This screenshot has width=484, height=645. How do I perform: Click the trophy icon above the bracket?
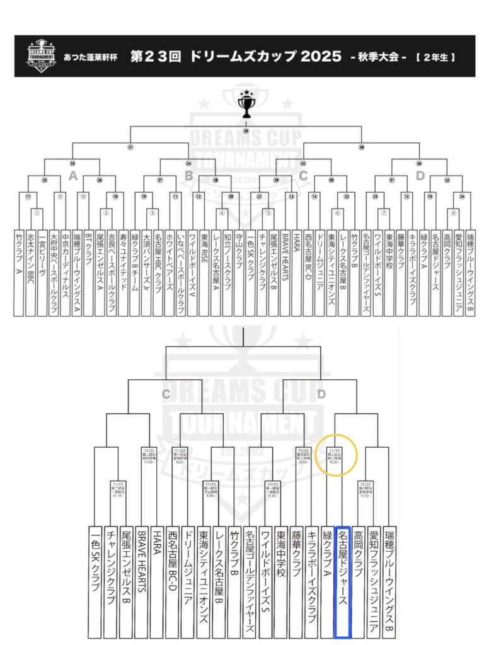coord(245,105)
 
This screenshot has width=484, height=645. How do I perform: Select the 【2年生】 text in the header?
coord(435,57)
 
